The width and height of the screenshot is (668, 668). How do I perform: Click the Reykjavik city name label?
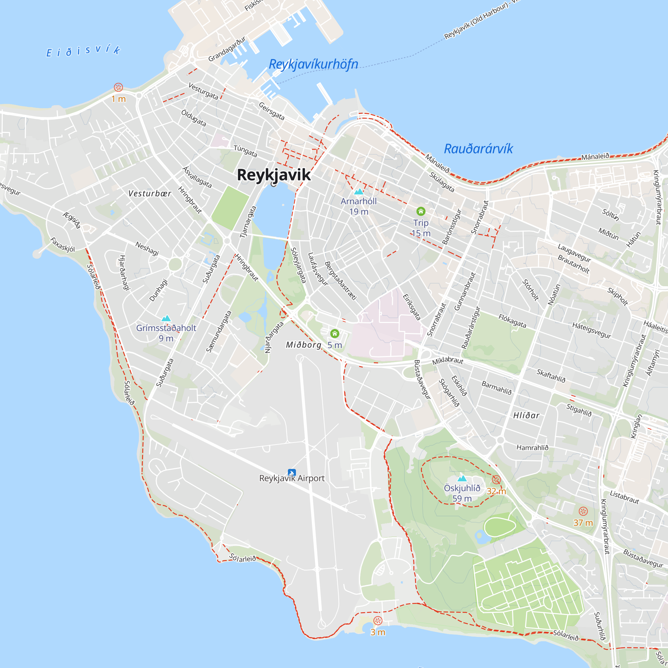[274, 175]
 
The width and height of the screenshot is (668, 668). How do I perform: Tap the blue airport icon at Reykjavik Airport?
[292, 473]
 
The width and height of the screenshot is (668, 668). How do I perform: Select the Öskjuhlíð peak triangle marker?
[462, 479]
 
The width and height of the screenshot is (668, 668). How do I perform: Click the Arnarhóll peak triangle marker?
[358, 191]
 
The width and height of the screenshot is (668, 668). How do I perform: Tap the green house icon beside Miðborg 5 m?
[334, 334]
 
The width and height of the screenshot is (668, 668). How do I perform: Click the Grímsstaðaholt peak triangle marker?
[166, 318]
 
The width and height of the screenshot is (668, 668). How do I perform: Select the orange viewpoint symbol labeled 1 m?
[118, 87]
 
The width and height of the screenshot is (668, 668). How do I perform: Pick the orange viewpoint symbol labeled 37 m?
[583, 511]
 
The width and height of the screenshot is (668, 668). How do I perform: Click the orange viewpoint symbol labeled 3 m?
[377, 621]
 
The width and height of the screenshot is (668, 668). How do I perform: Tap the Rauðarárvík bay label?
[478, 149]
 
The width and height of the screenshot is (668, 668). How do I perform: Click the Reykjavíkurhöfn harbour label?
[313, 64]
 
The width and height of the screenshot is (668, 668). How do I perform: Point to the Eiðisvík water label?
[83, 51]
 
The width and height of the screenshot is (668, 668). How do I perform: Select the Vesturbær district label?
[150, 194]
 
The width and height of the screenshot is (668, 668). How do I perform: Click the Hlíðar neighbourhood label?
[526, 415]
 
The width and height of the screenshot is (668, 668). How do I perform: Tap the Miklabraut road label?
[448, 361]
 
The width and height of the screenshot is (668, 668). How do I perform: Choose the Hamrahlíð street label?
[532, 448]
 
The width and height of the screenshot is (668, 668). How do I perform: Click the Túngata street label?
[245, 151]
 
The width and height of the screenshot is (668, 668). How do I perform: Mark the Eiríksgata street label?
[412, 307]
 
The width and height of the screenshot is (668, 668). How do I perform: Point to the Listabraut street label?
[624, 497]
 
